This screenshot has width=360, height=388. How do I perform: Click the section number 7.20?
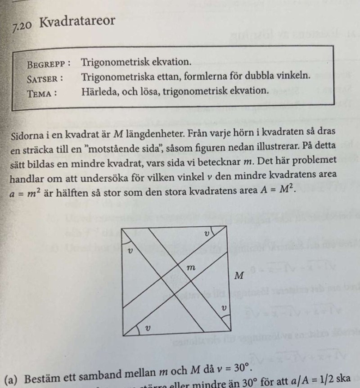22,26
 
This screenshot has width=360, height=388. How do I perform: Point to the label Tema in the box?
42,91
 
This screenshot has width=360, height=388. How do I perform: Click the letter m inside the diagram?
191,268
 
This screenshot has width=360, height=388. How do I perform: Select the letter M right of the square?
239,276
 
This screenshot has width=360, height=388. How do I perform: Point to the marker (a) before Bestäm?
12,379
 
